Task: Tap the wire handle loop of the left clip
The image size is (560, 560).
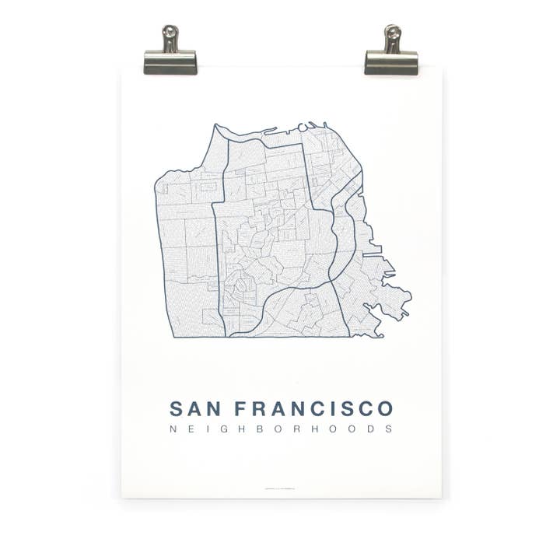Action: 170,36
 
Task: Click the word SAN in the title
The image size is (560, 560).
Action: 195,408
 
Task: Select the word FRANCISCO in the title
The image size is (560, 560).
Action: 313,408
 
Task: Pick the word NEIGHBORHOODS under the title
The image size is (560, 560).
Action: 281,429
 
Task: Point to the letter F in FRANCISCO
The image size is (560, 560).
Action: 240,408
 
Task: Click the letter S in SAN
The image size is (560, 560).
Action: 177,408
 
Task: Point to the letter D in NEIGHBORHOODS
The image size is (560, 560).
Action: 372,429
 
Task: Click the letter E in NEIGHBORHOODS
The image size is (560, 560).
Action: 193,429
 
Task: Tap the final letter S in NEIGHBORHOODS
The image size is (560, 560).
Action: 389,429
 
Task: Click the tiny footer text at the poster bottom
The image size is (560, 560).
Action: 281,488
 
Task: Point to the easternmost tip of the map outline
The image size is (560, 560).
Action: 410,296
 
